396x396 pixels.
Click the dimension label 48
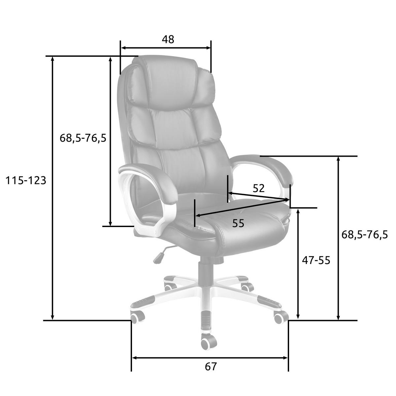tap(168, 39)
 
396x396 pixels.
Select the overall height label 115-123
tap(26, 181)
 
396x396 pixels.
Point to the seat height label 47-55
tap(316, 260)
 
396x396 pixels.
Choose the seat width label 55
tap(238, 223)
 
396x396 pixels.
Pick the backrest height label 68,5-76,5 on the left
tap(83, 138)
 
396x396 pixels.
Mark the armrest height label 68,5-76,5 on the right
tap(365, 235)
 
